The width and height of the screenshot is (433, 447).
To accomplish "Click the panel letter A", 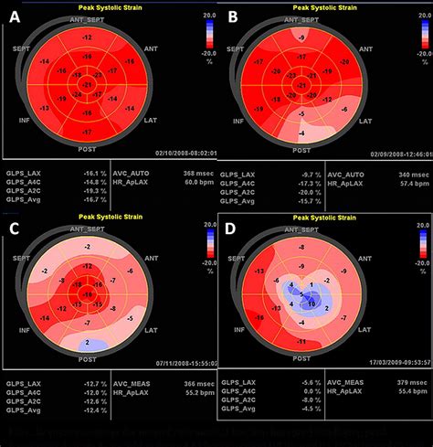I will pyautogui.click(x=15, y=17).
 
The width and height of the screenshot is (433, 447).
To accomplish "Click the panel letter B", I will pyautogui.click(x=234, y=17).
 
